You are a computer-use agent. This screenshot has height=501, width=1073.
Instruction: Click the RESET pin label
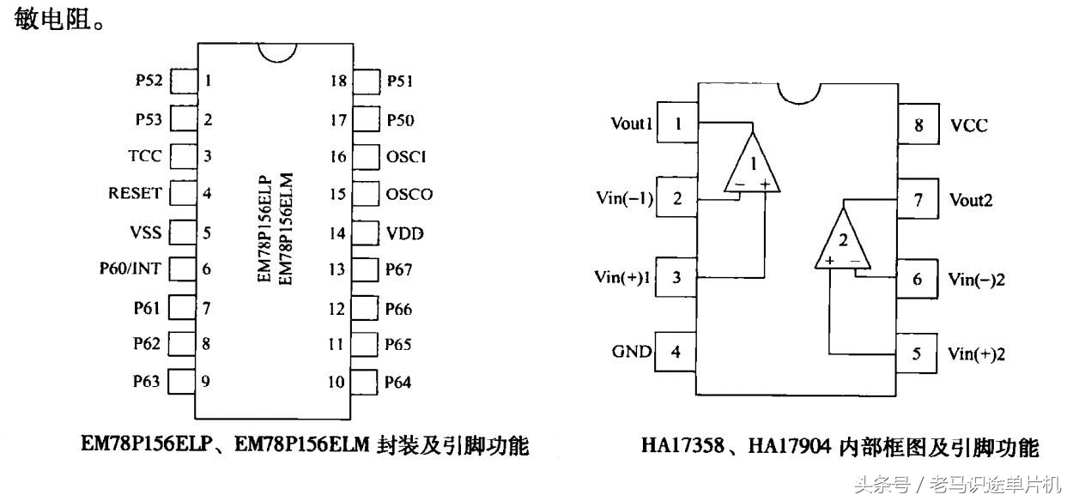135,194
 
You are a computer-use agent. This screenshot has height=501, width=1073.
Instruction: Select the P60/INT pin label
130,269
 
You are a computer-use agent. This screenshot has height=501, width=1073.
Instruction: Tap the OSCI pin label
407,157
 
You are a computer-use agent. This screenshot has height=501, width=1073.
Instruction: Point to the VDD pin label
405,233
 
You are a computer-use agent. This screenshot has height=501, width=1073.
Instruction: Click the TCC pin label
144,157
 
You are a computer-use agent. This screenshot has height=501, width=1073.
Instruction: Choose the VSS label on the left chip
145,232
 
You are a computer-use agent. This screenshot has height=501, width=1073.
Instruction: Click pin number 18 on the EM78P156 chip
338,81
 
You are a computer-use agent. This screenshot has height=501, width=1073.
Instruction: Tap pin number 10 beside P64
336,382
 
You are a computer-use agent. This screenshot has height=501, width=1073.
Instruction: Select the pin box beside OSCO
367,194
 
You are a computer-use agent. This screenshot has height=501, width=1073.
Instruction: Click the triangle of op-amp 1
753,164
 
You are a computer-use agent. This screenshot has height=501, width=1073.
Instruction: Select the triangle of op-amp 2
842,241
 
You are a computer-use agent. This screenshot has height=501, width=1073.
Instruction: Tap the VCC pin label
969,126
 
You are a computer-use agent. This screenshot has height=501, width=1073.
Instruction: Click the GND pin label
632,352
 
